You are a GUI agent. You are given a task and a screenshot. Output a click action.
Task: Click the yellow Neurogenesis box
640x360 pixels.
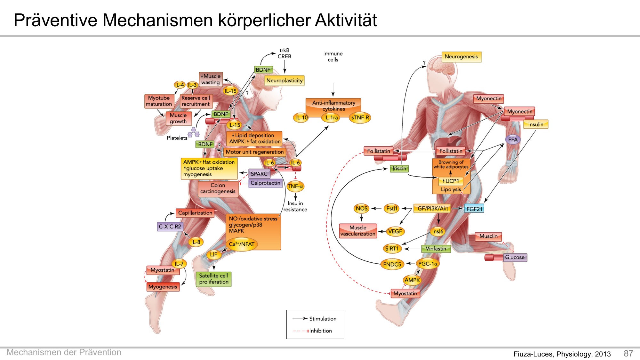(461, 57)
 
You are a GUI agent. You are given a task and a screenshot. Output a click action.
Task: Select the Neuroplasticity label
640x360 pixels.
(284, 81)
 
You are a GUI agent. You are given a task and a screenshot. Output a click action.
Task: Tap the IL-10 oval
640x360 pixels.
(301, 117)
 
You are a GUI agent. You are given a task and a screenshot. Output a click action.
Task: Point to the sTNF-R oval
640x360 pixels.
(360, 117)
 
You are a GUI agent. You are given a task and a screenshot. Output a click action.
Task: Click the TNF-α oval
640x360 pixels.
(295, 186)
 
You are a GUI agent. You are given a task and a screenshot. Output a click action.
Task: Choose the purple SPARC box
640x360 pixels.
(259, 174)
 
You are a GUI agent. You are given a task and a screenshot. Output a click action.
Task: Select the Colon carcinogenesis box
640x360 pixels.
(218, 188)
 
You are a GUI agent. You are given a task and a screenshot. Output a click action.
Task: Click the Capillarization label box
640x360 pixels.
(195, 213)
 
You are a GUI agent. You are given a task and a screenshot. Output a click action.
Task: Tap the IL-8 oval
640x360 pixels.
(196, 242)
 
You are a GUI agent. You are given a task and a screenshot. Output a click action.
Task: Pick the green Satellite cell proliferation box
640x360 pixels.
(213, 279)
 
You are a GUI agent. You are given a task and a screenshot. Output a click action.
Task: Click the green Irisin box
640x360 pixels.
(399, 168)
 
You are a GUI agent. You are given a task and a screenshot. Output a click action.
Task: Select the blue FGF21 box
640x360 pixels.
(474, 209)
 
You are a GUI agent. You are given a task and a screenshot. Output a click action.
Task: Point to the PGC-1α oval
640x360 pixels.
(428, 264)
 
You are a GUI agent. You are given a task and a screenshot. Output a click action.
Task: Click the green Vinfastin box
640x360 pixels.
(436, 249)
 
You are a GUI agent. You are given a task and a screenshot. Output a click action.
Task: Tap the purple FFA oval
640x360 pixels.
(513, 140)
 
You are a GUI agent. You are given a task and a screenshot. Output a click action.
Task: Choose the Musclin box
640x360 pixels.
(488, 236)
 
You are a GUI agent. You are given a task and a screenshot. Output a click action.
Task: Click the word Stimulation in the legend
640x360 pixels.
(323, 319)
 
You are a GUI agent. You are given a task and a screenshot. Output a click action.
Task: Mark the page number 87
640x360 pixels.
(628, 353)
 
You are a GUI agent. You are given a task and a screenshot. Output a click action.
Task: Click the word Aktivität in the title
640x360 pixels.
(346, 20)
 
